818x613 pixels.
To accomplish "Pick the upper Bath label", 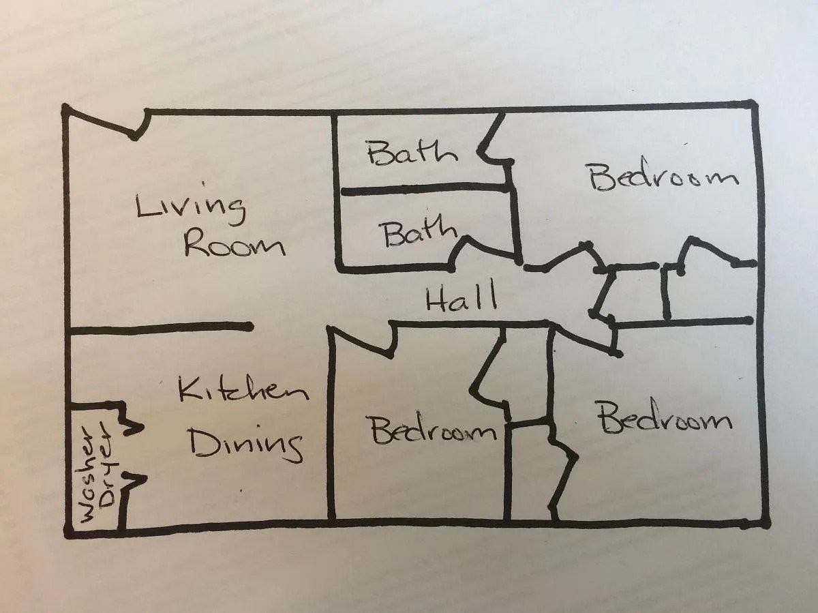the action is pos(412,153).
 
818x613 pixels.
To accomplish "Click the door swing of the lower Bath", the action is pos(485,250).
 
